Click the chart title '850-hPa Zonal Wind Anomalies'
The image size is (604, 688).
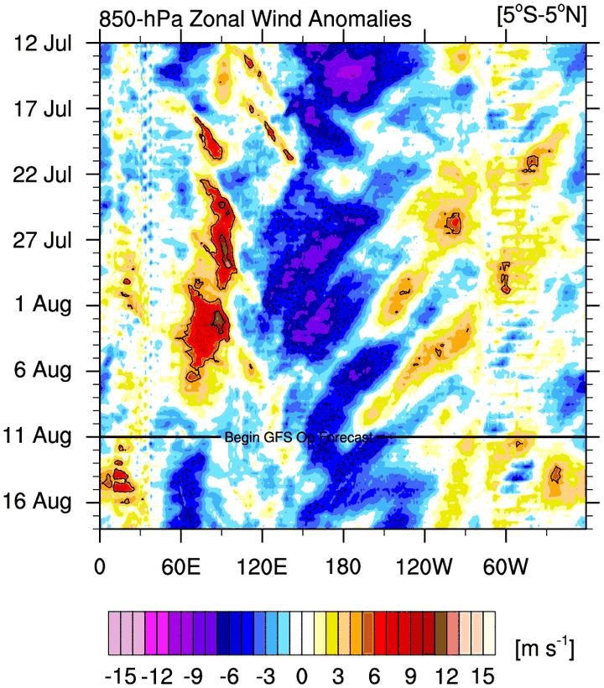pos(255,18)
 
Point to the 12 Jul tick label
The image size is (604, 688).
pos(43,44)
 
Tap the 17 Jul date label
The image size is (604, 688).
pos(43,109)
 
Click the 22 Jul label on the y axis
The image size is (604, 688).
pos(43,175)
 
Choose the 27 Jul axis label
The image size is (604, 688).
pos(43,240)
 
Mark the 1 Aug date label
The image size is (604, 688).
pos(46,305)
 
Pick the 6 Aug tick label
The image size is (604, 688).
pos(46,370)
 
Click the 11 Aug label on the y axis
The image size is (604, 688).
pos(43,435)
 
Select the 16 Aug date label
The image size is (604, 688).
pos(43,501)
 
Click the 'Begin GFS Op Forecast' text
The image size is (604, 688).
pos(298,437)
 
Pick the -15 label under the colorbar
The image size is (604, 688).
pos(121,675)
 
